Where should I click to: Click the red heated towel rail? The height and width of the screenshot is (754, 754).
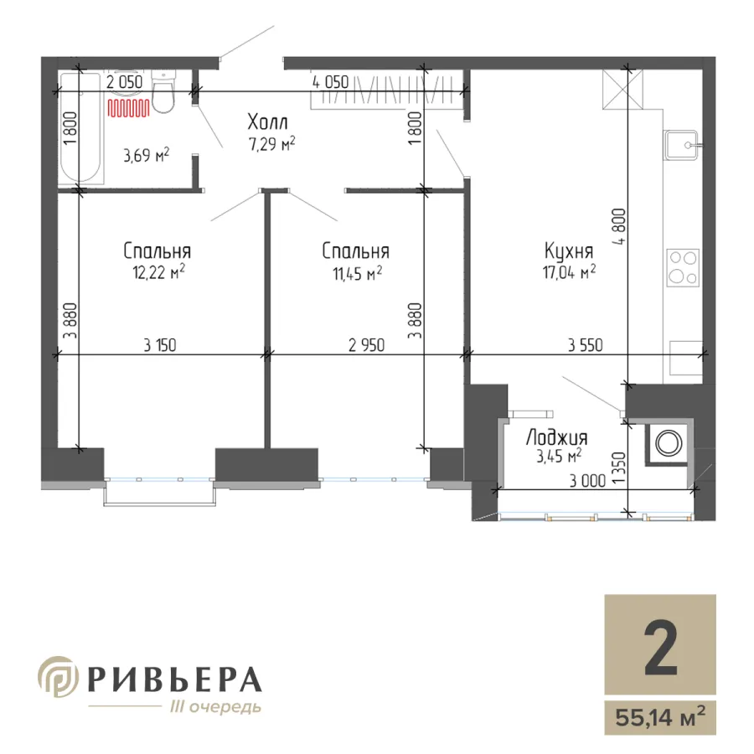(x=128, y=108)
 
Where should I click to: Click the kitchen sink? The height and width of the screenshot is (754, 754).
(x=681, y=144)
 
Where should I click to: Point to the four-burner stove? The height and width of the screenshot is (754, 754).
(x=683, y=268)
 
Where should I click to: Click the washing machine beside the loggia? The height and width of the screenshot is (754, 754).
(x=668, y=443)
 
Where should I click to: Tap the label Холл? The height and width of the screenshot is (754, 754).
(x=268, y=122)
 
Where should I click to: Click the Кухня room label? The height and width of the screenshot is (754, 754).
(x=569, y=250)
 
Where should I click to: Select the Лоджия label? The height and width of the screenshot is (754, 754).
(x=557, y=438)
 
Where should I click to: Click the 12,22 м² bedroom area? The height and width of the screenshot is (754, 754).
(x=158, y=272)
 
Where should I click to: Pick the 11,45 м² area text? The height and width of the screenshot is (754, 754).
(x=357, y=274)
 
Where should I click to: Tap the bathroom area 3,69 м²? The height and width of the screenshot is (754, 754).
(x=146, y=155)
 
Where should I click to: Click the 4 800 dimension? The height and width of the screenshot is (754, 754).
(x=619, y=227)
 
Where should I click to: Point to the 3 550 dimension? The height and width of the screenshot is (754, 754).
(x=586, y=345)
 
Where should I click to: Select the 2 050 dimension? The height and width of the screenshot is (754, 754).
(x=125, y=82)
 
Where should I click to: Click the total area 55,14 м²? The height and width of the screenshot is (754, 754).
(x=660, y=718)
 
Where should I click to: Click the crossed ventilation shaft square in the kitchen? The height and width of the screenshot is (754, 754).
(x=622, y=89)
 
